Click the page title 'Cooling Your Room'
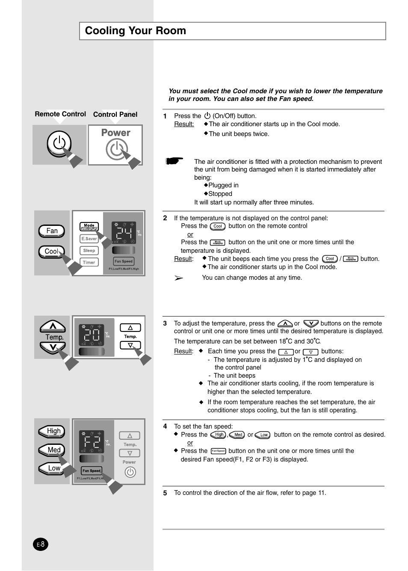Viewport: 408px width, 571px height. pyautogui.click(x=136, y=31)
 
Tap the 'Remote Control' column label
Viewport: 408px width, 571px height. pyautogui.click(x=60, y=114)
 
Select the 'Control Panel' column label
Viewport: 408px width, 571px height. pyautogui.click(x=115, y=115)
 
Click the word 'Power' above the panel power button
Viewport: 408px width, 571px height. pyautogui.click(x=115, y=133)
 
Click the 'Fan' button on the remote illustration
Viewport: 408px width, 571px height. pyautogui.click(x=52, y=231)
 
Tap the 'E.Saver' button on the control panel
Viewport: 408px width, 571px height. pyautogui.click(x=89, y=239)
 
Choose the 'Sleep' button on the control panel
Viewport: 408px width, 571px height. pyautogui.click(x=89, y=251)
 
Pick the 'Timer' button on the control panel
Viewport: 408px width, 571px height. pyautogui.click(x=89, y=262)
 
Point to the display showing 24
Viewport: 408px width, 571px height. pyautogui.click(x=124, y=233)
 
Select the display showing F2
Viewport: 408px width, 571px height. pyautogui.click(x=92, y=442)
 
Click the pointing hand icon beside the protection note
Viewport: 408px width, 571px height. pyautogui.click(x=174, y=161)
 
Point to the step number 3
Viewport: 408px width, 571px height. pyautogui.click(x=165, y=323)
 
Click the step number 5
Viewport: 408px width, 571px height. pyautogui.click(x=165, y=493)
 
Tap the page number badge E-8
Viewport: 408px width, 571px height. pyautogui.click(x=41, y=544)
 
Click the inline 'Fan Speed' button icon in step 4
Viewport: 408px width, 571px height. pyautogui.click(x=218, y=451)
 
